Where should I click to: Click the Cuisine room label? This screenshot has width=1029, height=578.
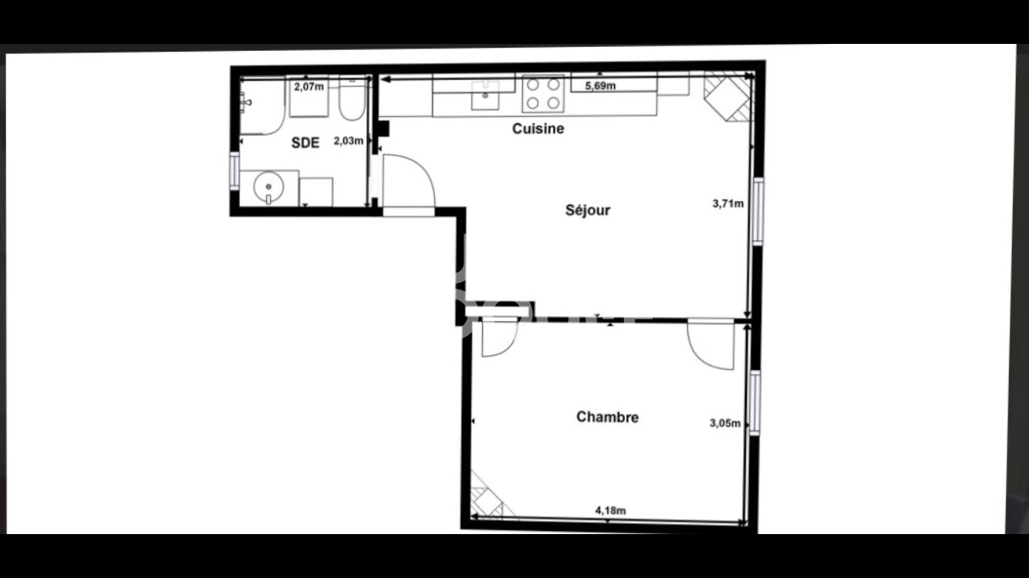pyautogui.click(x=538, y=129)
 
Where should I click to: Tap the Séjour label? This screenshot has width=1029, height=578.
pyautogui.click(x=588, y=210)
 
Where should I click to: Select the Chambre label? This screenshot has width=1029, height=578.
pyautogui.click(x=607, y=417)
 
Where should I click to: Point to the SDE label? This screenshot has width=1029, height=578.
pyautogui.click(x=305, y=143)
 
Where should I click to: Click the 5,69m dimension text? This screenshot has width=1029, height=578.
pyautogui.click(x=600, y=86)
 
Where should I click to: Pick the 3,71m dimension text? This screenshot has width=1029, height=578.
pyautogui.click(x=728, y=203)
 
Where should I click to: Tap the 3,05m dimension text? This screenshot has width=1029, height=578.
pyautogui.click(x=725, y=423)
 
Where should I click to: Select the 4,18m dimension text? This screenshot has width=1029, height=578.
pyautogui.click(x=610, y=510)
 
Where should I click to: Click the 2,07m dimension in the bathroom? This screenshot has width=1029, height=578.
pyautogui.click(x=309, y=86)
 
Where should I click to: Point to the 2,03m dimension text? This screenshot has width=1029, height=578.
pyautogui.click(x=348, y=141)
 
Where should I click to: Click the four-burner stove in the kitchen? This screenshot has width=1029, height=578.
pyautogui.click(x=543, y=94)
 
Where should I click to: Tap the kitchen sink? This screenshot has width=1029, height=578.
pyautogui.click(x=485, y=96)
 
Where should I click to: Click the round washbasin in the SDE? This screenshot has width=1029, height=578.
pyautogui.click(x=268, y=187)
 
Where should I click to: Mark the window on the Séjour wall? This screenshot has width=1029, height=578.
pyautogui.click(x=758, y=211)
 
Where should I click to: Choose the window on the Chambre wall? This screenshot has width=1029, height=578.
pyautogui.click(x=754, y=402)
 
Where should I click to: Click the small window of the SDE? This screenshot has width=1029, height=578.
pyautogui.click(x=234, y=170)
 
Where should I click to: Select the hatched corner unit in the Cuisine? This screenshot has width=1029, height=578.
pyautogui.click(x=729, y=96)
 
